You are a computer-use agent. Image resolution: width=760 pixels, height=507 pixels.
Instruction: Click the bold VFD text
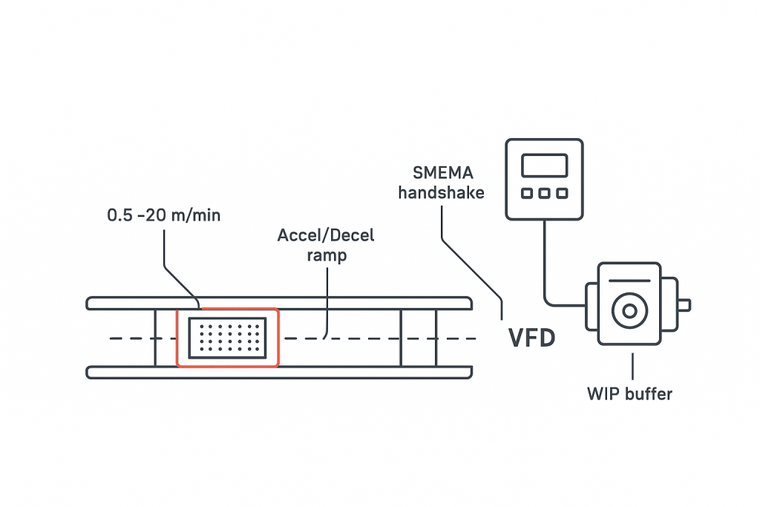click(531, 338)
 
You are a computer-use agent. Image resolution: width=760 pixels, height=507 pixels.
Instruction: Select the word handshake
click(441, 193)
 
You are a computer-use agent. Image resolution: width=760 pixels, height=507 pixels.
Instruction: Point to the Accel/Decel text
click(326, 236)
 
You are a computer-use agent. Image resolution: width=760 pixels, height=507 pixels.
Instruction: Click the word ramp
click(326, 255)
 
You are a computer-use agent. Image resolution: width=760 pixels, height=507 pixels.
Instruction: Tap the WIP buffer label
click(629, 393)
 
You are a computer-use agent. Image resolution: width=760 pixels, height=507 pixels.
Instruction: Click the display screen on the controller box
click(544, 165)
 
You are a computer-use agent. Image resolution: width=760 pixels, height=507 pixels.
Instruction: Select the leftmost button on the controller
click(527, 193)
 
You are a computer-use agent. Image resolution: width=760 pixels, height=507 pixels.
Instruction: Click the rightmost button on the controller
click(562, 193)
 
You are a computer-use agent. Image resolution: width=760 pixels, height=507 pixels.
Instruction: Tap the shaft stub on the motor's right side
click(684, 304)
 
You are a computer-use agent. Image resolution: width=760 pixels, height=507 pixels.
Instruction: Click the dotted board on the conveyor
click(227, 338)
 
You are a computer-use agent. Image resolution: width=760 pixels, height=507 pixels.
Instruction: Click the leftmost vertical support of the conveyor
click(155, 338)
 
